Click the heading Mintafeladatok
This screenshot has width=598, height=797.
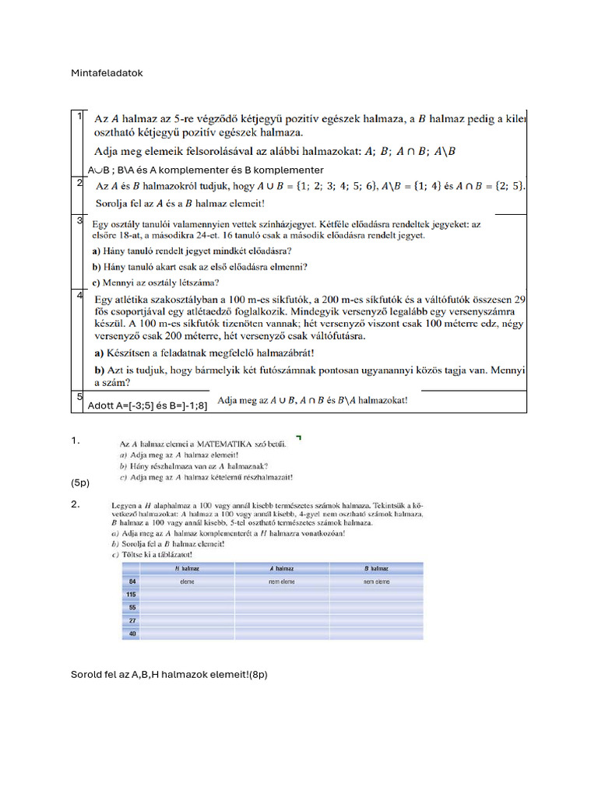point(107,73)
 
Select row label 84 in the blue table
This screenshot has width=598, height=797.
point(133,581)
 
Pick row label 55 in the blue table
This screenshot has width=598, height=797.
point(133,606)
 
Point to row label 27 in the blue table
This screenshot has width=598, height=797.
point(133,620)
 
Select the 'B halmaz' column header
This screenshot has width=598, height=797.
point(377,569)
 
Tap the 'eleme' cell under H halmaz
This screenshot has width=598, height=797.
point(187,581)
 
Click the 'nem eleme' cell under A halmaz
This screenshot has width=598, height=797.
point(281,581)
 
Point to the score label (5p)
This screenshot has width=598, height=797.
point(80,483)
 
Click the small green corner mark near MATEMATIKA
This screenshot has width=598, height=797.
point(299,437)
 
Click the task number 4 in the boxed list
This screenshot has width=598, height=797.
point(79,295)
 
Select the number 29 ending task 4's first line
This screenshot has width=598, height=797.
point(520,299)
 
